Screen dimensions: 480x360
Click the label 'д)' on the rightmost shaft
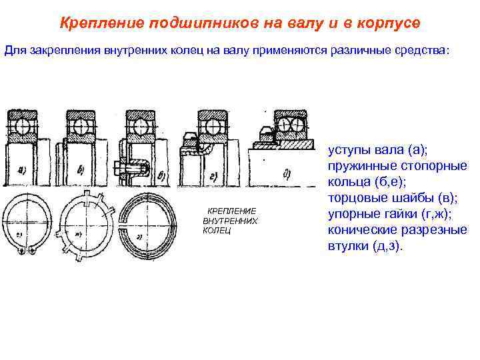pos(288,176)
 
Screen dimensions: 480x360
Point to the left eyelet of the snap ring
pos(23,250)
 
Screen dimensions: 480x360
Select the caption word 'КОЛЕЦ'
pos(217,231)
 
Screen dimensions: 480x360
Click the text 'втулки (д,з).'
pos(365,245)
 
